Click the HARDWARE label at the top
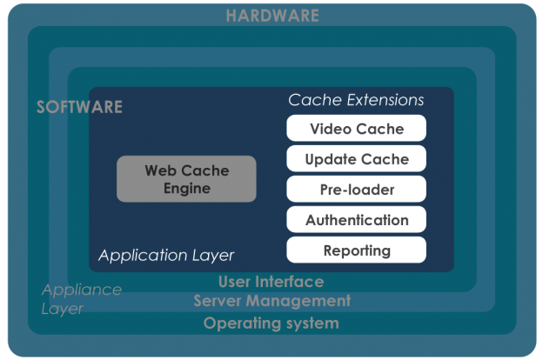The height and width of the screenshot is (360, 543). [271, 16]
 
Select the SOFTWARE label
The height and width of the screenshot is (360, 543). [79, 108]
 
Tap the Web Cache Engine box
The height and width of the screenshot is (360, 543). [186, 179]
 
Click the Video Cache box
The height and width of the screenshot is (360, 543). [357, 129]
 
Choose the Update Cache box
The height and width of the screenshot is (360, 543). [357, 159]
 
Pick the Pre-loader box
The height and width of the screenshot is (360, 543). [357, 190]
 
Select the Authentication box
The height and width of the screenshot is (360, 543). [357, 220]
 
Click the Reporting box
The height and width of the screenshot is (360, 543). [357, 250]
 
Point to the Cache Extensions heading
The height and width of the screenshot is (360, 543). [356, 100]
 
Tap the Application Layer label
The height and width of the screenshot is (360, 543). [166, 256]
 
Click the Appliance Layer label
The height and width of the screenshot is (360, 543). [81, 298]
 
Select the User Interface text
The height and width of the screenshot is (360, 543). [271, 282]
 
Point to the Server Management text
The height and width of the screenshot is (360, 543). [271, 301]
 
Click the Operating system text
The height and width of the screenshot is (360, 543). [271, 323]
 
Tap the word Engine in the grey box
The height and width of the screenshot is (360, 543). [186, 188]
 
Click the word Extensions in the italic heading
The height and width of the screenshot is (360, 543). [380, 100]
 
